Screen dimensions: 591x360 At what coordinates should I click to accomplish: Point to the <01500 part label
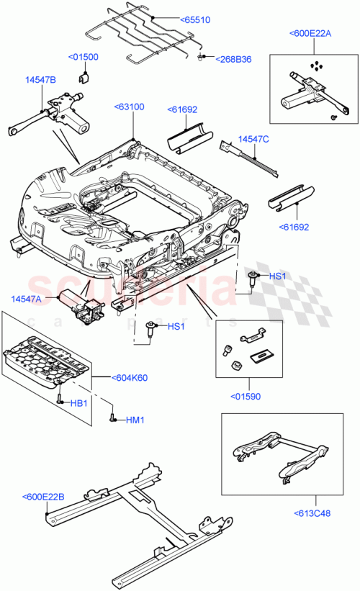coord(84,57)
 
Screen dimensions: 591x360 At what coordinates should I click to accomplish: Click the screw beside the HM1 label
coord(114,415)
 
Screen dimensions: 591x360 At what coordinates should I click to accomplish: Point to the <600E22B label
coord(43,497)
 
